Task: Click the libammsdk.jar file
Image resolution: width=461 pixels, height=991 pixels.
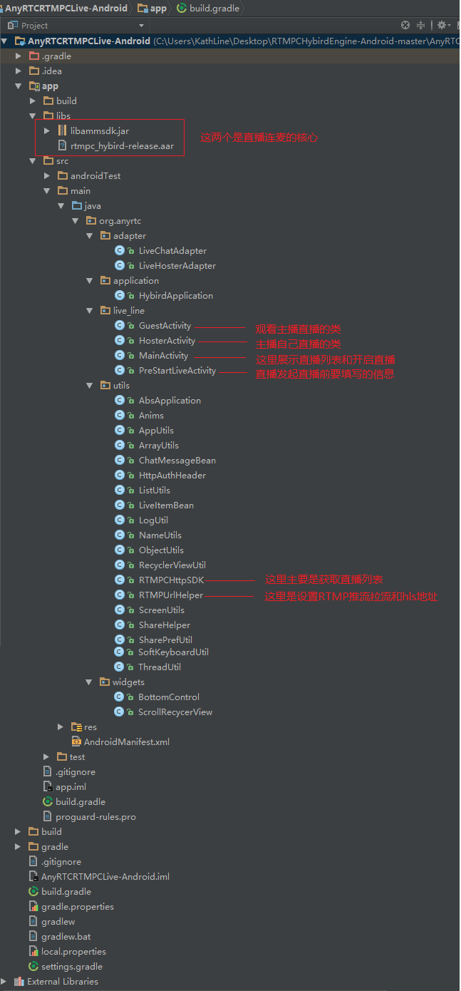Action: point(99,131)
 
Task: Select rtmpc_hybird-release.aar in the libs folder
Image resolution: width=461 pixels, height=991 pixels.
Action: point(121,146)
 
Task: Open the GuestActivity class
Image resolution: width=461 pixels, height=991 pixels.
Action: point(165,326)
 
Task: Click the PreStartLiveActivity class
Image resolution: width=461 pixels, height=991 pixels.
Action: point(177,371)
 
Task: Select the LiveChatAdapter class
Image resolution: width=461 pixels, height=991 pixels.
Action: point(172,251)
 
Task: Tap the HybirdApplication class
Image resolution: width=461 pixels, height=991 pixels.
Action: point(175,296)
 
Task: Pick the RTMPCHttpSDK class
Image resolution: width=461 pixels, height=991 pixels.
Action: point(171,580)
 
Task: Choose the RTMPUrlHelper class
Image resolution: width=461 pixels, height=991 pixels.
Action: point(170,595)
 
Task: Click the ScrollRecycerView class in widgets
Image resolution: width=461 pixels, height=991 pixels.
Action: point(175,712)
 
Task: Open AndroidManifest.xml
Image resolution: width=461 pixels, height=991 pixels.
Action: point(126,742)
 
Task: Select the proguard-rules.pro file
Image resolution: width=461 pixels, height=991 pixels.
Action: point(95,817)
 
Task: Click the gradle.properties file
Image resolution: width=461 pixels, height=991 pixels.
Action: point(77,907)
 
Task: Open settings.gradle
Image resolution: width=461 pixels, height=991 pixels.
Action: point(71,967)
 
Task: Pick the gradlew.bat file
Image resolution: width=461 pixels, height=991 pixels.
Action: point(66,937)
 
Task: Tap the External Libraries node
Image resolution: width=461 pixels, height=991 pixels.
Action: point(62,982)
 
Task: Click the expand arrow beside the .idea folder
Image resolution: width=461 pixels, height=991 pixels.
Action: point(19,71)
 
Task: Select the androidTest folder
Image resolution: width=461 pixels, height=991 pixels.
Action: point(95,176)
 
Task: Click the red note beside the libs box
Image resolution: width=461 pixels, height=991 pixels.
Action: point(259,138)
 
